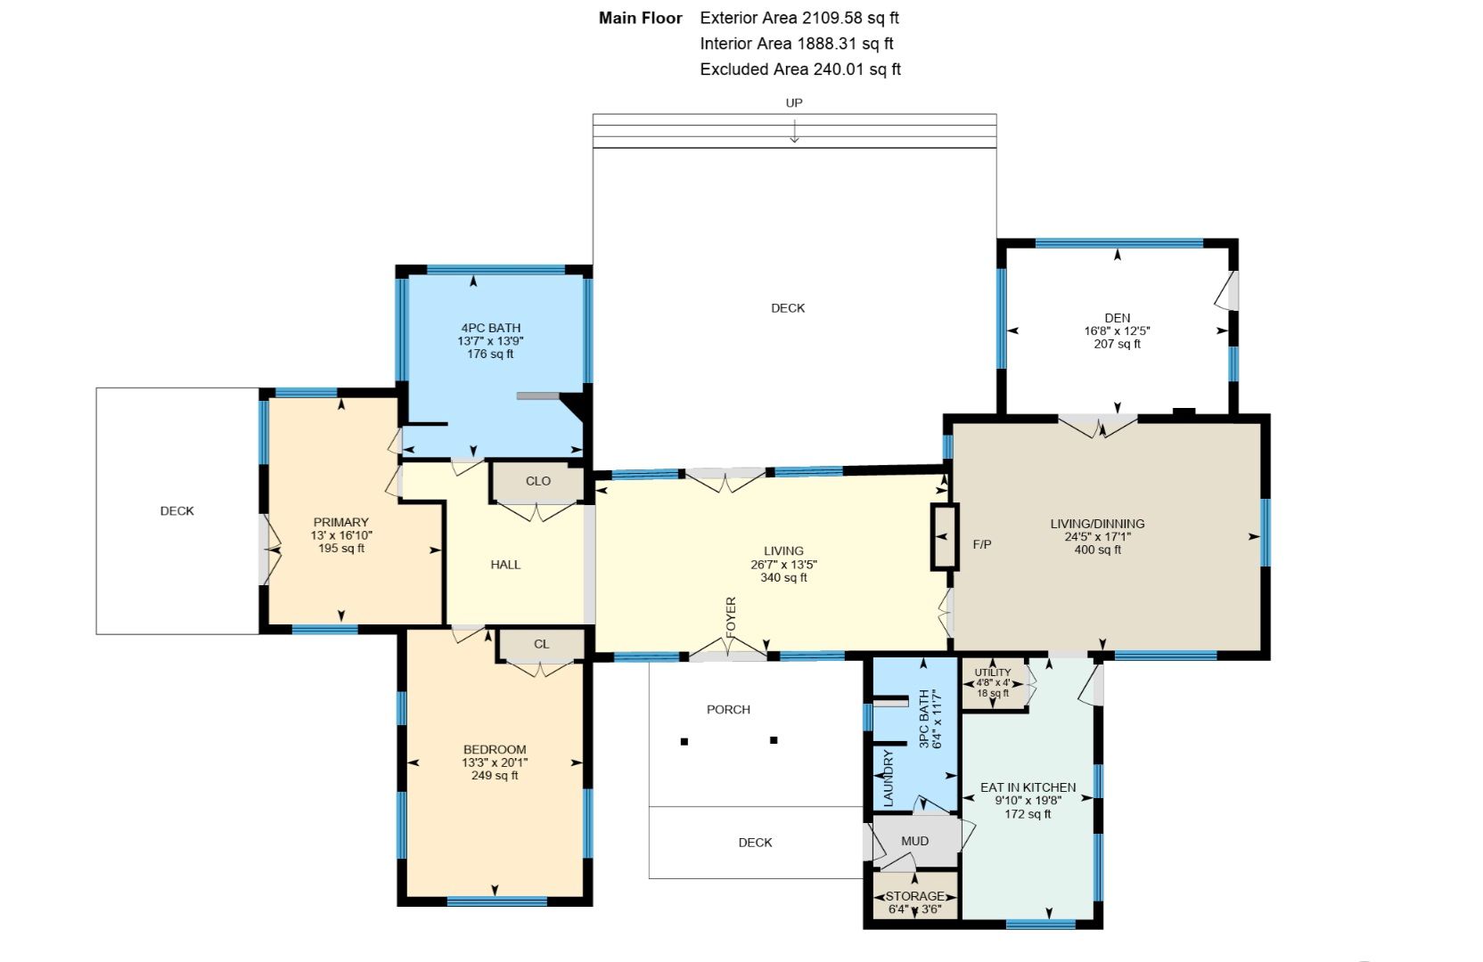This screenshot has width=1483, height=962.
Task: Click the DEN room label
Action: pyautogui.click(x=1117, y=318)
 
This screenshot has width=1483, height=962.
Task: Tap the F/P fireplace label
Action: pyautogui.click(x=982, y=544)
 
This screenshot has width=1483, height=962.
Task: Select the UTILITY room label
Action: pyautogui.click(x=993, y=673)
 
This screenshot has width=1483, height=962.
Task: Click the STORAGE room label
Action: pyautogui.click(x=915, y=896)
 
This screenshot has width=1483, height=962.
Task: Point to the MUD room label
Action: pyautogui.click(x=915, y=841)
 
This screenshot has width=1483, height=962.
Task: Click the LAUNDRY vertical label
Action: pyautogui.click(x=889, y=779)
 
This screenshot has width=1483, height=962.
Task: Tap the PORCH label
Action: pyautogui.click(x=728, y=710)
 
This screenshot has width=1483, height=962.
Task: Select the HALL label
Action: pyautogui.click(x=505, y=565)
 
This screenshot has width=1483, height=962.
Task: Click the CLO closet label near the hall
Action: pyautogui.click(x=537, y=481)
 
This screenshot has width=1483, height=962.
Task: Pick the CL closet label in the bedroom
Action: pyautogui.click(x=541, y=644)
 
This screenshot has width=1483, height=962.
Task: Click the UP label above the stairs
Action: pyautogui.click(x=794, y=102)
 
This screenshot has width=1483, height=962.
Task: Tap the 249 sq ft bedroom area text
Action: pyautogui.click(x=495, y=776)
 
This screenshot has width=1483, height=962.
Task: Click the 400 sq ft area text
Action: pyautogui.click(x=1098, y=550)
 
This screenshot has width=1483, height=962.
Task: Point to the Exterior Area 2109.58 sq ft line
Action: pyautogui.click(x=799, y=18)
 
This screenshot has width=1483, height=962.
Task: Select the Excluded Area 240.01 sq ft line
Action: pyautogui.click(x=799, y=69)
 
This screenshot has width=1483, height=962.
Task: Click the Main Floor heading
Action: pyautogui.click(x=640, y=18)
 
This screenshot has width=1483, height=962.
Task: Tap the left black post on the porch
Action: pyautogui.click(x=684, y=742)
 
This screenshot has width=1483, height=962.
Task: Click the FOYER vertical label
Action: pyautogui.click(x=731, y=617)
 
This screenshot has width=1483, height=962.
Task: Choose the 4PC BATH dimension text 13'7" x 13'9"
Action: pyautogui.click(x=490, y=341)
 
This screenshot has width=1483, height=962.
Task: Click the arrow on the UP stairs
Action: pyautogui.click(x=794, y=130)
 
